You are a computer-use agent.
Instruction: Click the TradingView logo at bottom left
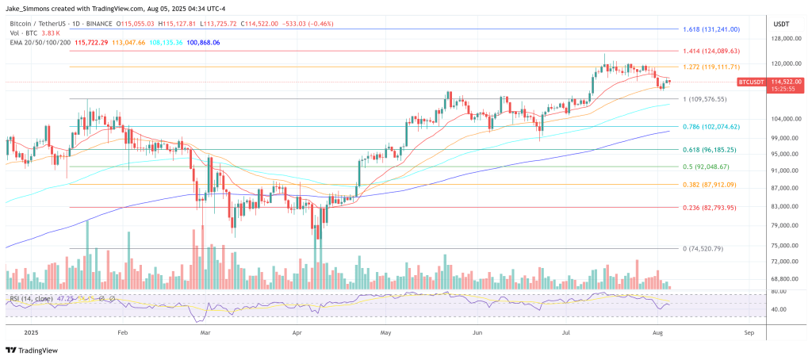[x=33, y=349]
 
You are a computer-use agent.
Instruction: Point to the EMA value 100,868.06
[x=202, y=42]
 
